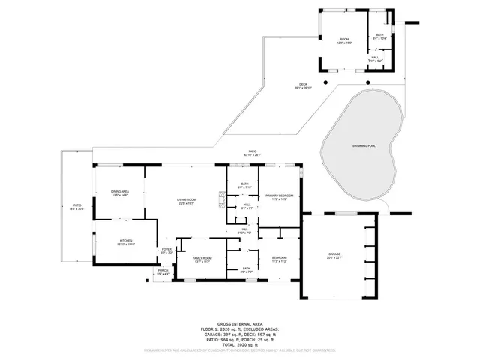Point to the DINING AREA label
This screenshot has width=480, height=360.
click(x=120, y=193)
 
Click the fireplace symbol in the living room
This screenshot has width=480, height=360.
click(x=221, y=199)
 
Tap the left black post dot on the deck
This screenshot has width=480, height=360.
click(x=326, y=82)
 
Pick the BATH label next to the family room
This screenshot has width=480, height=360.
click(x=246, y=268)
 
